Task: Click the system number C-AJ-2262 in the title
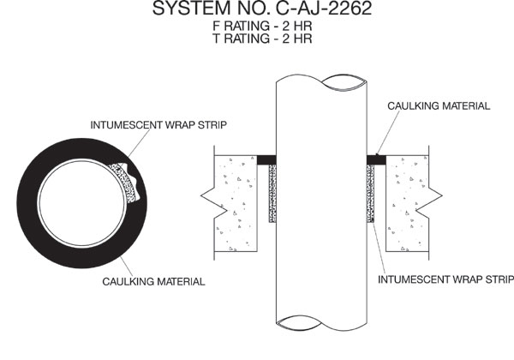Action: pos(324,9)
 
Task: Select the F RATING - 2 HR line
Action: pos(262,26)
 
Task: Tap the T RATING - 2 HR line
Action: pos(262,39)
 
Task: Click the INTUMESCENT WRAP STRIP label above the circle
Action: pos(158,125)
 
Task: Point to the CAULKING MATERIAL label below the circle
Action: pos(153,282)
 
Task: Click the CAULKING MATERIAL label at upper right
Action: pos(439,106)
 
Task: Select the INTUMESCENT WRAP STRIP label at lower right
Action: pos(445,279)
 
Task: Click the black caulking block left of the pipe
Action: pos(266,159)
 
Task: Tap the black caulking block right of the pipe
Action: pos(376,159)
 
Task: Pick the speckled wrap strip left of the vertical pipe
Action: pos(272,194)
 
